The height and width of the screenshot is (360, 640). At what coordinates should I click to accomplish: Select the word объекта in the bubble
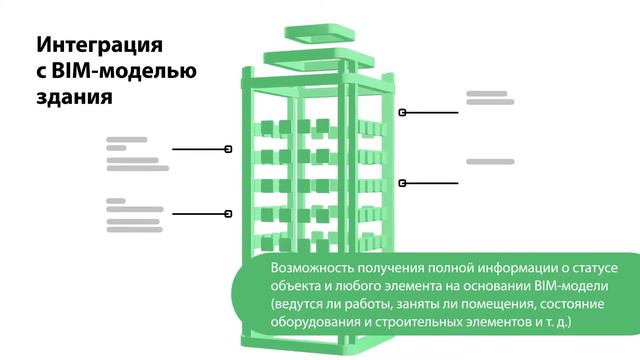(x=296, y=286)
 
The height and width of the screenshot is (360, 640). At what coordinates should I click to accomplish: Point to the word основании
(x=512, y=286)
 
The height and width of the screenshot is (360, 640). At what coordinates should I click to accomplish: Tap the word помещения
(x=480, y=304)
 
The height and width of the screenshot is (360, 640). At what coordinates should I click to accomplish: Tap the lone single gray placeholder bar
(x=490, y=161)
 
